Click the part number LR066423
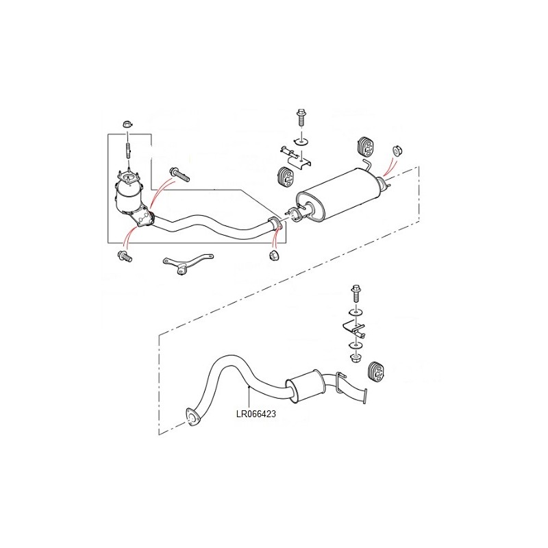256,414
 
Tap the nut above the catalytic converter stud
127,124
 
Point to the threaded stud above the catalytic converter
128,150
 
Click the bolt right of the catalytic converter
179,174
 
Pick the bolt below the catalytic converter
125,256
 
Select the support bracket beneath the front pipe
188,264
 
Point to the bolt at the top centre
301,117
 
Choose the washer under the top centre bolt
301,141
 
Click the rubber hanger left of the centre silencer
286,177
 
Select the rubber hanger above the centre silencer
366,147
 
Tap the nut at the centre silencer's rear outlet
397,150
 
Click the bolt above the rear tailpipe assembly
356,294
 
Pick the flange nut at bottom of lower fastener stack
356,358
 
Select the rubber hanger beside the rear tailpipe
376,371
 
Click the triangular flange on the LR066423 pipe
192,416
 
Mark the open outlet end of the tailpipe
366,397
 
